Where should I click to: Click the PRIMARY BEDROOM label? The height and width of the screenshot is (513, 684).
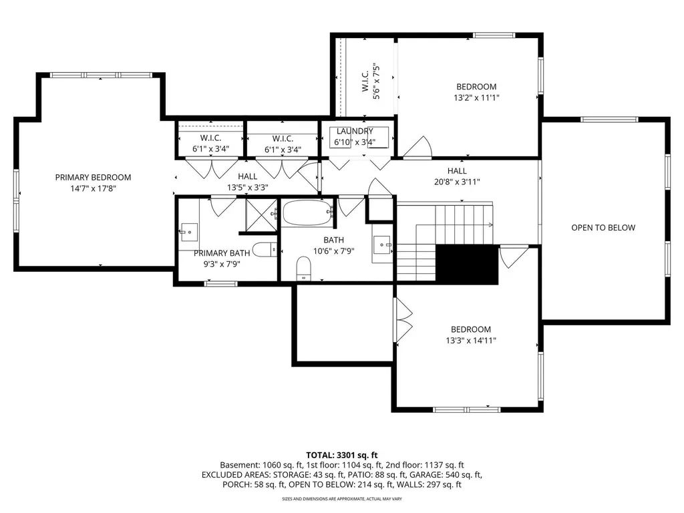(93, 177)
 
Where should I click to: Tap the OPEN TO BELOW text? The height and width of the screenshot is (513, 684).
(603, 228)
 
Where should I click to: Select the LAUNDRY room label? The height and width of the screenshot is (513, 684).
(355, 131)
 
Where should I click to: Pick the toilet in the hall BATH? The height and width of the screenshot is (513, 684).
(304, 269)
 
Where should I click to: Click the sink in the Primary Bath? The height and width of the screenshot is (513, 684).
(188, 233)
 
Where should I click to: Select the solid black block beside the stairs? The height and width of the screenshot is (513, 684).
(467, 264)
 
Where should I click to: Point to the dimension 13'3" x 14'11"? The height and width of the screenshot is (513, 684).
(470, 341)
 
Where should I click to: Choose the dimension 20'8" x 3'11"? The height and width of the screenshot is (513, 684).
(458, 182)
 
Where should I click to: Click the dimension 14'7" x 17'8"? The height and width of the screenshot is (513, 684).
(93, 188)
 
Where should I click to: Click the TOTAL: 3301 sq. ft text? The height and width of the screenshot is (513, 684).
(341, 454)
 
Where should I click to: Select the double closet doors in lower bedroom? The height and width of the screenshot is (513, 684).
(403, 320)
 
